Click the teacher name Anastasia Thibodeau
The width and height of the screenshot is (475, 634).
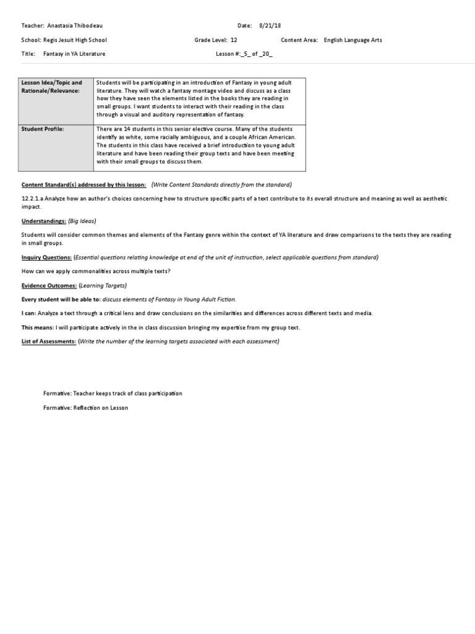point(77,26)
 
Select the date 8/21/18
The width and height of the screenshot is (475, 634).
point(269,26)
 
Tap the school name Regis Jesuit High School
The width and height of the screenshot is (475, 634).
point(79,40)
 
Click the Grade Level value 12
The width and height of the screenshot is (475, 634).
point(234,40)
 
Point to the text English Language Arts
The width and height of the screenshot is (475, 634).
point(353,40)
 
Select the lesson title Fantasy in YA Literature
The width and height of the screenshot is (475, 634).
point(74,54)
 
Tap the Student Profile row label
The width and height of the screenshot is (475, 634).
point(43,129)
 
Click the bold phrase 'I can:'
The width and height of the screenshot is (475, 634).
point(31,313)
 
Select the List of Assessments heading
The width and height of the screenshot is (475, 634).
point(49,341)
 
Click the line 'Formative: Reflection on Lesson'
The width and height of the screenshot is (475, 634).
point(85,408)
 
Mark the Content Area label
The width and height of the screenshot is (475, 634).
point(299,40)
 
